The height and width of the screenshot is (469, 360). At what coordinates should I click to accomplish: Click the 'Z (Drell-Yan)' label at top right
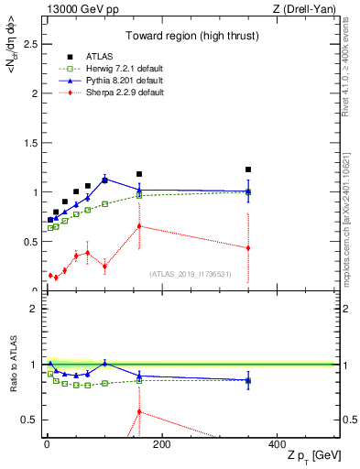(309, 9)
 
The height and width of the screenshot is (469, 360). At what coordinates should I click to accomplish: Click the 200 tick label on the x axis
(161, 444)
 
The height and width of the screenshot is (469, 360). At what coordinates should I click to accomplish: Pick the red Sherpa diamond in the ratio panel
(139, 411)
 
